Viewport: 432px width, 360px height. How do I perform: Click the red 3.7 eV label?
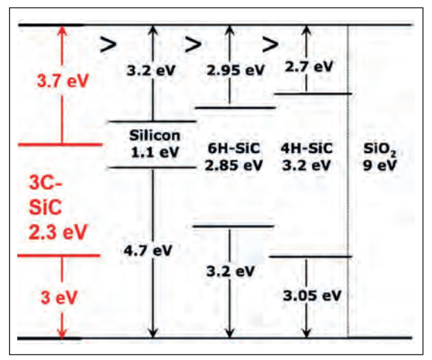(63, 81)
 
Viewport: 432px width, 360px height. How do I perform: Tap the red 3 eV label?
(59, 298)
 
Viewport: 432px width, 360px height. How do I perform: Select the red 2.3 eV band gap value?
(58, 232)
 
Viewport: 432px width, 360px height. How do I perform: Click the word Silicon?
(154, 136)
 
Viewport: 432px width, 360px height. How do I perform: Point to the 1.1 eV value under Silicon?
(154, 152)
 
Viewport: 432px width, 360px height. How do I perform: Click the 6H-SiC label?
(234, 148)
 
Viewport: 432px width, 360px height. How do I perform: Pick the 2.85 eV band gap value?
(234, 165)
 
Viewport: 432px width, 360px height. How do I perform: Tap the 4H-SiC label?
(307, 148)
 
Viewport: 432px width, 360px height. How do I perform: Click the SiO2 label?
(379, 149)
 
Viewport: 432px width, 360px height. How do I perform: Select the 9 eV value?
(379, 165)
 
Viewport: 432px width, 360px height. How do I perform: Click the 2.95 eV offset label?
(235, 70)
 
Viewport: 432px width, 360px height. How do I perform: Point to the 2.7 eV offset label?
(309, 67)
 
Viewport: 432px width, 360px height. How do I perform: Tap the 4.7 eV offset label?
(148, 250)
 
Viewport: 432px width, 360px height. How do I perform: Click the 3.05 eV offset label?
(312, 295)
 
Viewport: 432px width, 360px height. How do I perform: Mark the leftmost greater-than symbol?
(108, 44)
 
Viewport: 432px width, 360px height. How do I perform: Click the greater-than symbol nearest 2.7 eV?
(270, 44)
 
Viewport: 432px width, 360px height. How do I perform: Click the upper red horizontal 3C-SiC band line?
(60, 144)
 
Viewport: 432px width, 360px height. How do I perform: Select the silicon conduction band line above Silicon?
(153, 121)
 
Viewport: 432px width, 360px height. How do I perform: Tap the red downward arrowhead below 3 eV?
(62, 332)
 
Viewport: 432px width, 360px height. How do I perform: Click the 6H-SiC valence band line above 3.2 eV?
(233, 226)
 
